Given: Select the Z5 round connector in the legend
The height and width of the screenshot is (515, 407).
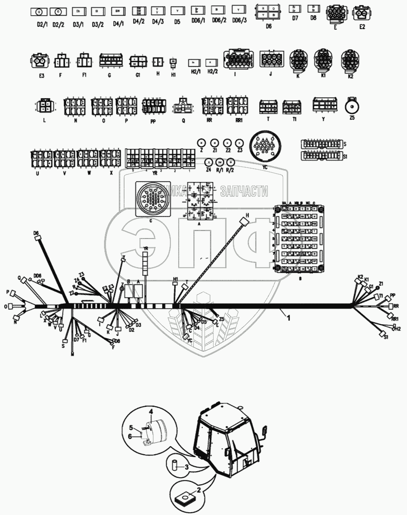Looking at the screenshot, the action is (x=352, y=105).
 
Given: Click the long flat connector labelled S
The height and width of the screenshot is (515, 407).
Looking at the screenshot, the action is (x=320, y=144).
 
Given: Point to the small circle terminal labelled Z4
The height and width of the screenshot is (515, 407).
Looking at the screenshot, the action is (x=208, y=162).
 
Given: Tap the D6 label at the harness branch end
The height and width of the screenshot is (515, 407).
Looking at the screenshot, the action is (x=37, y=234).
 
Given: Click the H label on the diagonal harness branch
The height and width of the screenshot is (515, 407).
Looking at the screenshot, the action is (x=247, y=216).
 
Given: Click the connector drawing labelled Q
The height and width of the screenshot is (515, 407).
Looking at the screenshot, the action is (x=183, y=105).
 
